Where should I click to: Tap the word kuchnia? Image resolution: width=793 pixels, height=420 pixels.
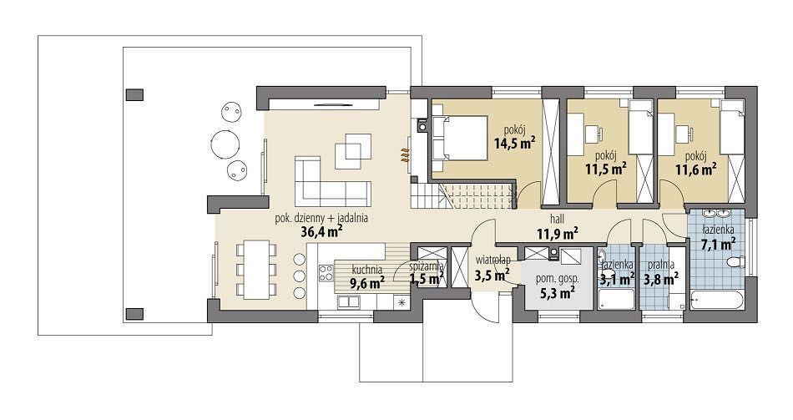pos(366,270)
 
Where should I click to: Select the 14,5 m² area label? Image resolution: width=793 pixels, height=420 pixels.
pos(515,144)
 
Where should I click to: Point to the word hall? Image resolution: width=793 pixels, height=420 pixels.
pos(558,220)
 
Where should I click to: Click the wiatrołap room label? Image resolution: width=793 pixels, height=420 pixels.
pos(492,260)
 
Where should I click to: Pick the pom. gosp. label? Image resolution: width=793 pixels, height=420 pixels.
pos(557,279)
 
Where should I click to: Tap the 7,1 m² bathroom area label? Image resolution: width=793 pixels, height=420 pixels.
pos(718,245)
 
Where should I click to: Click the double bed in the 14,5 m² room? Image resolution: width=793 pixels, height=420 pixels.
pos(460,139)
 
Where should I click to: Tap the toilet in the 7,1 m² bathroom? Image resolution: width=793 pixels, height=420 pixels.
pos(735,262)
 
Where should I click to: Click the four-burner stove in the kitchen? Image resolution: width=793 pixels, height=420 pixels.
pos(326,273)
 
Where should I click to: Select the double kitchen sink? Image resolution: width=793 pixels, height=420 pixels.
pos(349,302)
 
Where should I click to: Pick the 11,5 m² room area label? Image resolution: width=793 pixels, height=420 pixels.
pos(606,168)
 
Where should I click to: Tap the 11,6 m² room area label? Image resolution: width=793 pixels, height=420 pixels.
pos(696,168)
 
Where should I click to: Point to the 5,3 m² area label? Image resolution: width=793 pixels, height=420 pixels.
pos(557,292)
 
